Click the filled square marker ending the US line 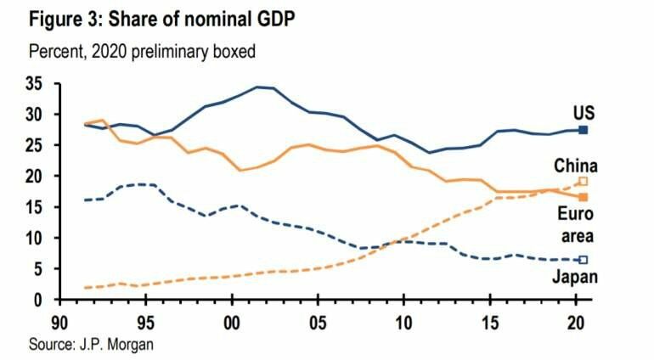583,130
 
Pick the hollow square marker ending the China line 583,182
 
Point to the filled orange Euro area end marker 583,197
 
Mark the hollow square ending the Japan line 583,260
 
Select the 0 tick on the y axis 38,300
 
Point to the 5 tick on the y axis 38,269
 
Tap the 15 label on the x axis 489,324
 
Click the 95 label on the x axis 145,324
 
